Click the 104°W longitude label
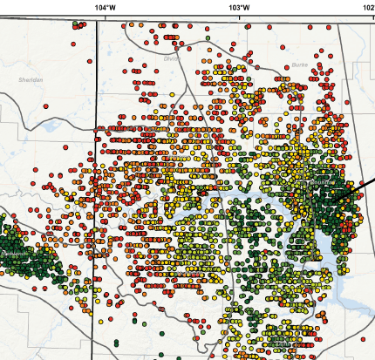[104, 6]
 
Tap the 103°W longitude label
[240, 6]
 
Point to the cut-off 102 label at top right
[369, 6]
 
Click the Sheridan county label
[31, 79]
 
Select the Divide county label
[170, 58]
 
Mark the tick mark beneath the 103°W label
[240, 17]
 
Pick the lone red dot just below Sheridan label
[33, 98]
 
